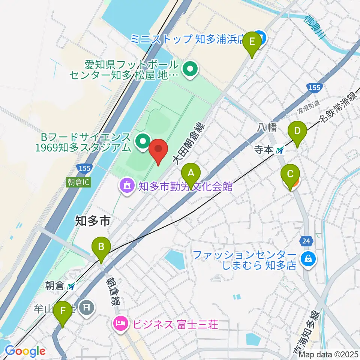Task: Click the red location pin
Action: pyautogui.click(x=158, y=150)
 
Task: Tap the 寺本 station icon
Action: pyautogui.click(x=280, y=151)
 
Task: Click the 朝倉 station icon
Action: pyautogui.click(x=70, y=286)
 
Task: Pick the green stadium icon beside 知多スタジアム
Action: pyautogui.click(x=142, y=142)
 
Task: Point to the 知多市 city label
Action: pyautogui.click(x=92, y=221)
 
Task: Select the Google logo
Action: pyautogui.click(x=25, y=351)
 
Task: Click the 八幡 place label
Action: pyautogui.click(x=267, y=128)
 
